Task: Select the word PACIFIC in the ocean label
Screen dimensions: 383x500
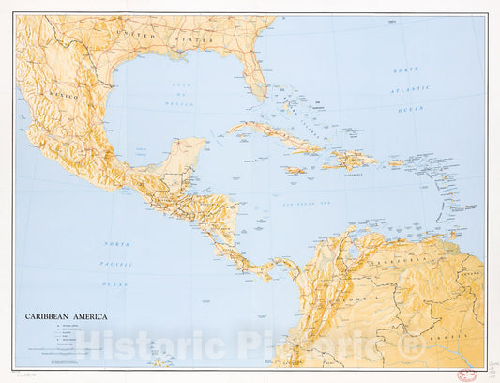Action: pos(117,263)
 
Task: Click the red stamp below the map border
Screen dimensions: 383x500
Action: pos(467,373)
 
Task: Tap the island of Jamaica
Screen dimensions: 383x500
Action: pos(295,170)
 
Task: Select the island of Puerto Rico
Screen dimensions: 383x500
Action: pos(395,163)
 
